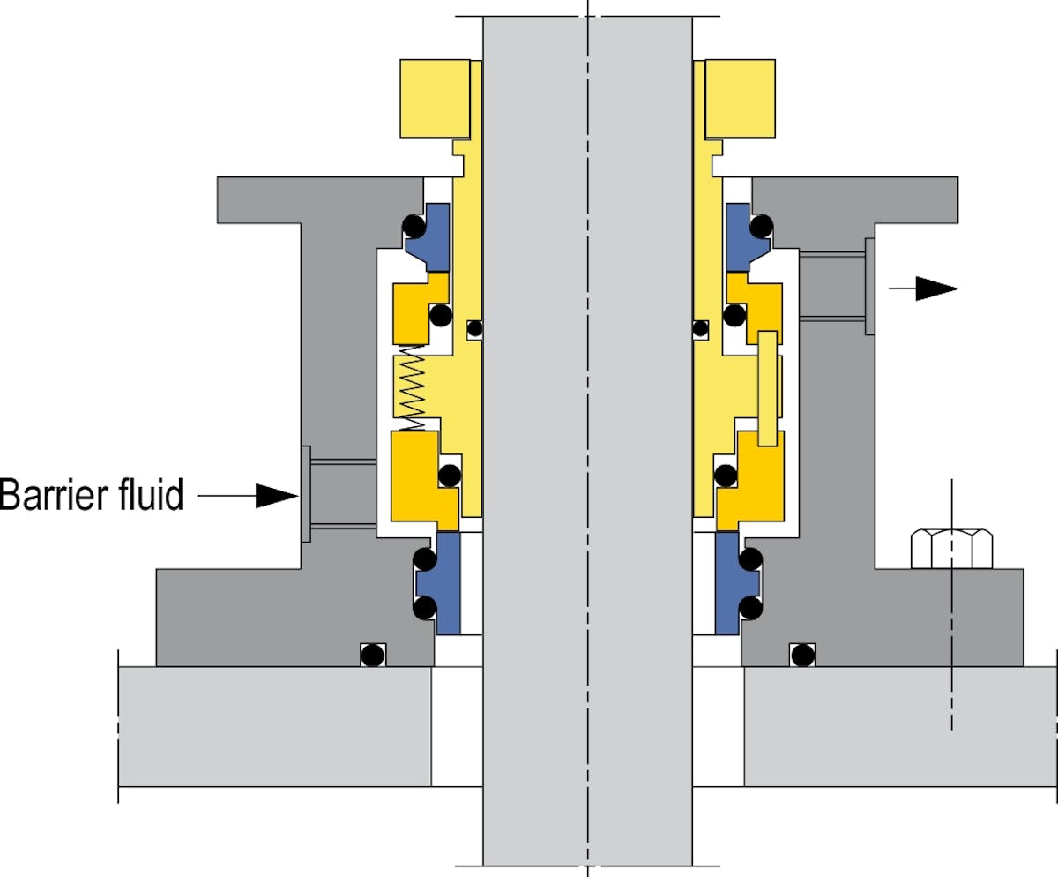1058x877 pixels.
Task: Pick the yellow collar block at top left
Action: click(434, 98)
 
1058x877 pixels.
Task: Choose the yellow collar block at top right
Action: click(741, 98)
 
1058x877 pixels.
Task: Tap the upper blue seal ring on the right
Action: click(738, 236)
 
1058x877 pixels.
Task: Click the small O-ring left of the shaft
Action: click(474, 329)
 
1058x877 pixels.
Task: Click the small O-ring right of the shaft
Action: click(700, 329)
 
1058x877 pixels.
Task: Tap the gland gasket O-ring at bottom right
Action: click(801, 655)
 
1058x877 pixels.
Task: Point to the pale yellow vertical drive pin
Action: click(768, 388)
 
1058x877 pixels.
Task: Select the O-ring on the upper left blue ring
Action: click(413, 228)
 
